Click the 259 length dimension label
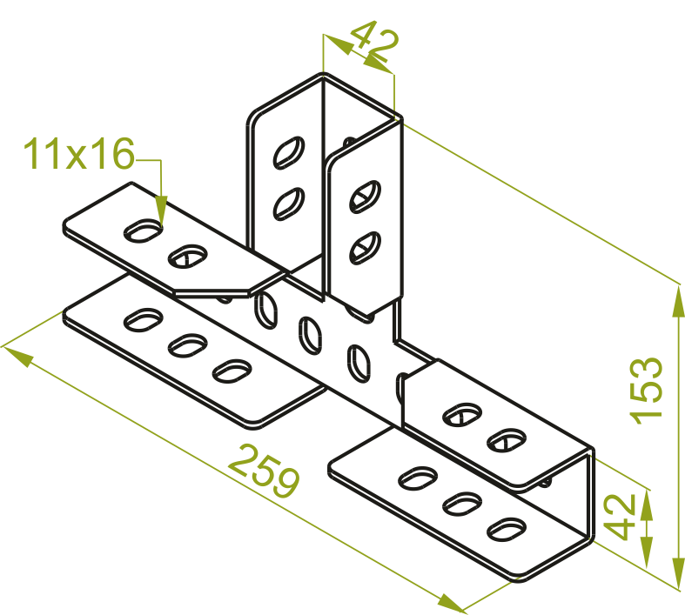pos(265,471)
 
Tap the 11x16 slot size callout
pos(78,153)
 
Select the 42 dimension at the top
pos(375,41)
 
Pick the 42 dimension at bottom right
pos(620,517)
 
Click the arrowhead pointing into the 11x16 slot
pos(161,211)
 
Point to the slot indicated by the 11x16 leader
pos(143,231)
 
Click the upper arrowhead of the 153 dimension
pos(678,300)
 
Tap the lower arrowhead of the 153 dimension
pos(678,572)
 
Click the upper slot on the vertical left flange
pos(289,153)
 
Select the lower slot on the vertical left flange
pos(289,204)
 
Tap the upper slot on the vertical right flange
pos(366,197)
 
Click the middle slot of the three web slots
pos(310,335)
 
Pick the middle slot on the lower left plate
pos(188,345)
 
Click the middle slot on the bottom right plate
pos(463,505)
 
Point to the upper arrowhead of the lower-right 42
pos(647,505)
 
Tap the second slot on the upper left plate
pos(188,257)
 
